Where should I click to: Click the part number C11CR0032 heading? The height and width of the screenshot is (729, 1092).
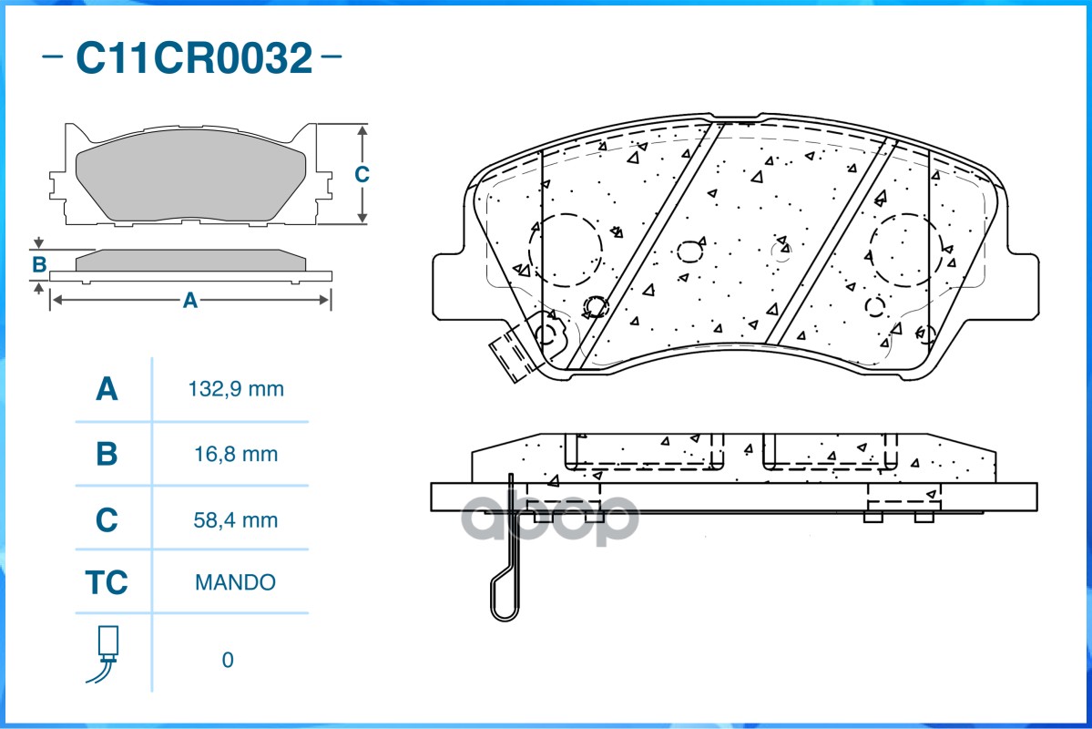pyautogui.click(x=193, y=58)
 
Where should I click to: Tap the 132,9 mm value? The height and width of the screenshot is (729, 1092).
pyautogui.click(x=236, y=390)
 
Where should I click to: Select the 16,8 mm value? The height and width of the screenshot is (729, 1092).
pyautogui.click(x=236, y=454)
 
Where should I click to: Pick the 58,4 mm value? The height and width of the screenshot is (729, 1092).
pyautogui.click(x=236, y=520)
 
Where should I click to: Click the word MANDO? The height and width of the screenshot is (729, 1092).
pyautogui.click(x=235, y=582)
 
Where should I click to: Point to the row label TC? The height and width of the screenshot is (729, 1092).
pyautogui.click(x=107, y=582)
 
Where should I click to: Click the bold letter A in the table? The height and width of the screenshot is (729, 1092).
pyautogui.click(x=107, y=390)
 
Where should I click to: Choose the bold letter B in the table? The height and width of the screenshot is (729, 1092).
pyautogui.click(x=107, y=454)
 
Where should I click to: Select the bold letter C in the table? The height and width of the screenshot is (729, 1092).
pyautogui.click(x=107, y=520)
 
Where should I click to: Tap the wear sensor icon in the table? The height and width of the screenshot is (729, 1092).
pyautogui.click(x=107, y=654)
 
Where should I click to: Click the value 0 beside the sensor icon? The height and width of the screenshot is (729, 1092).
pyautogui.click(x=228, y=660)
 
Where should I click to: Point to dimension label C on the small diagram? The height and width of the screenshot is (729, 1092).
pyautogui.click(x=362, y=174)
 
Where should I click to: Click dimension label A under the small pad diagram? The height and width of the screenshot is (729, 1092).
pyautogui.click(x=190, y=300)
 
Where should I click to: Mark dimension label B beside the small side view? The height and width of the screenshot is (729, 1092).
pyautogui.click(x=39, y=265)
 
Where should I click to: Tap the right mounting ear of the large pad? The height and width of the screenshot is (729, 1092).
pyautogui.click(x=1020, y=286)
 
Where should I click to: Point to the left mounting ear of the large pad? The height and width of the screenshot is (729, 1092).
pyautogui.click(x=448, y=286)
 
